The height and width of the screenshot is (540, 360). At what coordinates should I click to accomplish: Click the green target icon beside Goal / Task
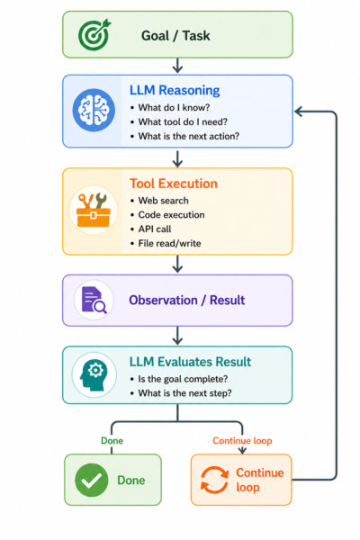click(94, 34)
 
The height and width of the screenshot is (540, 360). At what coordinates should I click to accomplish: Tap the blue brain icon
click(94, 110)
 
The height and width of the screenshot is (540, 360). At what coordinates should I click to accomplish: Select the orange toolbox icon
click(94, 210)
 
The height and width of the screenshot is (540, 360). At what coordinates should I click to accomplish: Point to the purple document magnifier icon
click(94, 300)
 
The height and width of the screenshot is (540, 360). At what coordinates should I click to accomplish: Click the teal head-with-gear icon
click(94, 375)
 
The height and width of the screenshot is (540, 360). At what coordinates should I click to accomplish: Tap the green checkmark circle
click(91, 480)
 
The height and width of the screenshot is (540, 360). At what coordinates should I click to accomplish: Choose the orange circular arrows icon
click(214, 480)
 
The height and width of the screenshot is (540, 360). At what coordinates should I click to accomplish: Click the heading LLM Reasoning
click(175, 90)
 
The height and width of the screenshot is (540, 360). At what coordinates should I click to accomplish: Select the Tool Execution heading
click(174, 184)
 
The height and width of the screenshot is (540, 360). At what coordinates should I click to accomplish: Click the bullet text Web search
click(163, 201)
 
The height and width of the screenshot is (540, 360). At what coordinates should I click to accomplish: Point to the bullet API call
click(155, 229)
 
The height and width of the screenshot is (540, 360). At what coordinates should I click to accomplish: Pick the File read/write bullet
click(169, 244)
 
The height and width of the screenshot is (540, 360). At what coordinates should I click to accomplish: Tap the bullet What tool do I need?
click(183, 121)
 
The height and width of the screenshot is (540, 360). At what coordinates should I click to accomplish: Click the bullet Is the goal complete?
click(183, 379)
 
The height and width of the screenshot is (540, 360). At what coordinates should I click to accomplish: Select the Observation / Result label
click(187, 301)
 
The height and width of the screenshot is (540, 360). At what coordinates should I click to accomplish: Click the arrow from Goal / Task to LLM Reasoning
click(177, 66)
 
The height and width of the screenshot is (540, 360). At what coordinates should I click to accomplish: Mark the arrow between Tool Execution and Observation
click(177, 264)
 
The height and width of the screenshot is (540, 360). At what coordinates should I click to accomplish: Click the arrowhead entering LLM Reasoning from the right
click(299, 112)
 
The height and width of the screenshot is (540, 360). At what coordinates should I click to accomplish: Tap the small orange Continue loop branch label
click(242, 441)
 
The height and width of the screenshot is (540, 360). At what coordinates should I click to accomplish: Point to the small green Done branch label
click(112, 441)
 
